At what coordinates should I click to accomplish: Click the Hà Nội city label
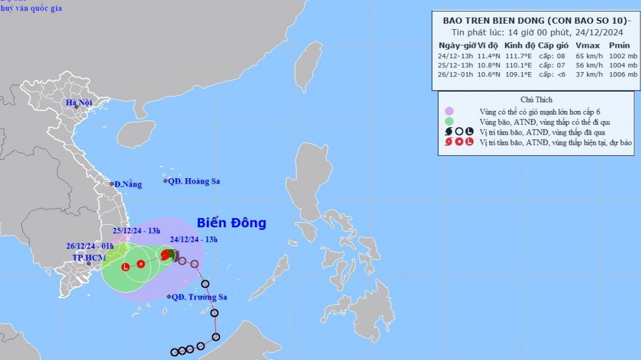[79, 103]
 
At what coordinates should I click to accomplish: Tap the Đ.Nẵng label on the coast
[127, 184]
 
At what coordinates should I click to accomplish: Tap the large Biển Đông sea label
[231, 223]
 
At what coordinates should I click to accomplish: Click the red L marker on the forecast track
[126, 267]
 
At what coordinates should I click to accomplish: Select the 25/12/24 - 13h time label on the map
[136, 230]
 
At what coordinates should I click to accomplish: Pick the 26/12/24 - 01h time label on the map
[90, 246]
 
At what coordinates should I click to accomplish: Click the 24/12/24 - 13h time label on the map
[194, 239]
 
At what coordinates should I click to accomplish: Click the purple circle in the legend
[449, 111]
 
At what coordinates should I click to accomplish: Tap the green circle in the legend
[449, 121]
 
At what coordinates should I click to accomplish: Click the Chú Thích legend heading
[536, 99]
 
